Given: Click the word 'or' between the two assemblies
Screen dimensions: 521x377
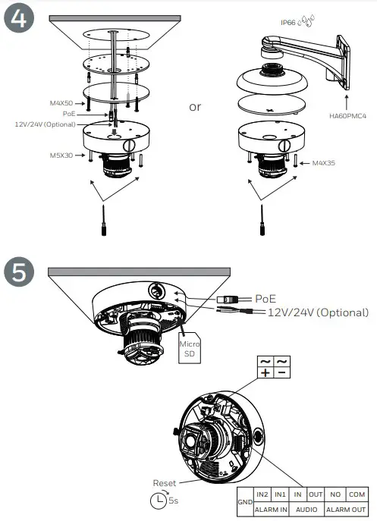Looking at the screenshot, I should pyautogui.click(x=195, y=107).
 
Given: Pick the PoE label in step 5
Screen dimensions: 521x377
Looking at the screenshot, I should pyautogui.click(x=265, y=299).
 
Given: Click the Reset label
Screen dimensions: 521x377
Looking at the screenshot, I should pyautogui.click(x=164, y=483).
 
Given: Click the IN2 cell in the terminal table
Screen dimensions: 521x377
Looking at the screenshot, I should pyautogui.click(x=263, y=494).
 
